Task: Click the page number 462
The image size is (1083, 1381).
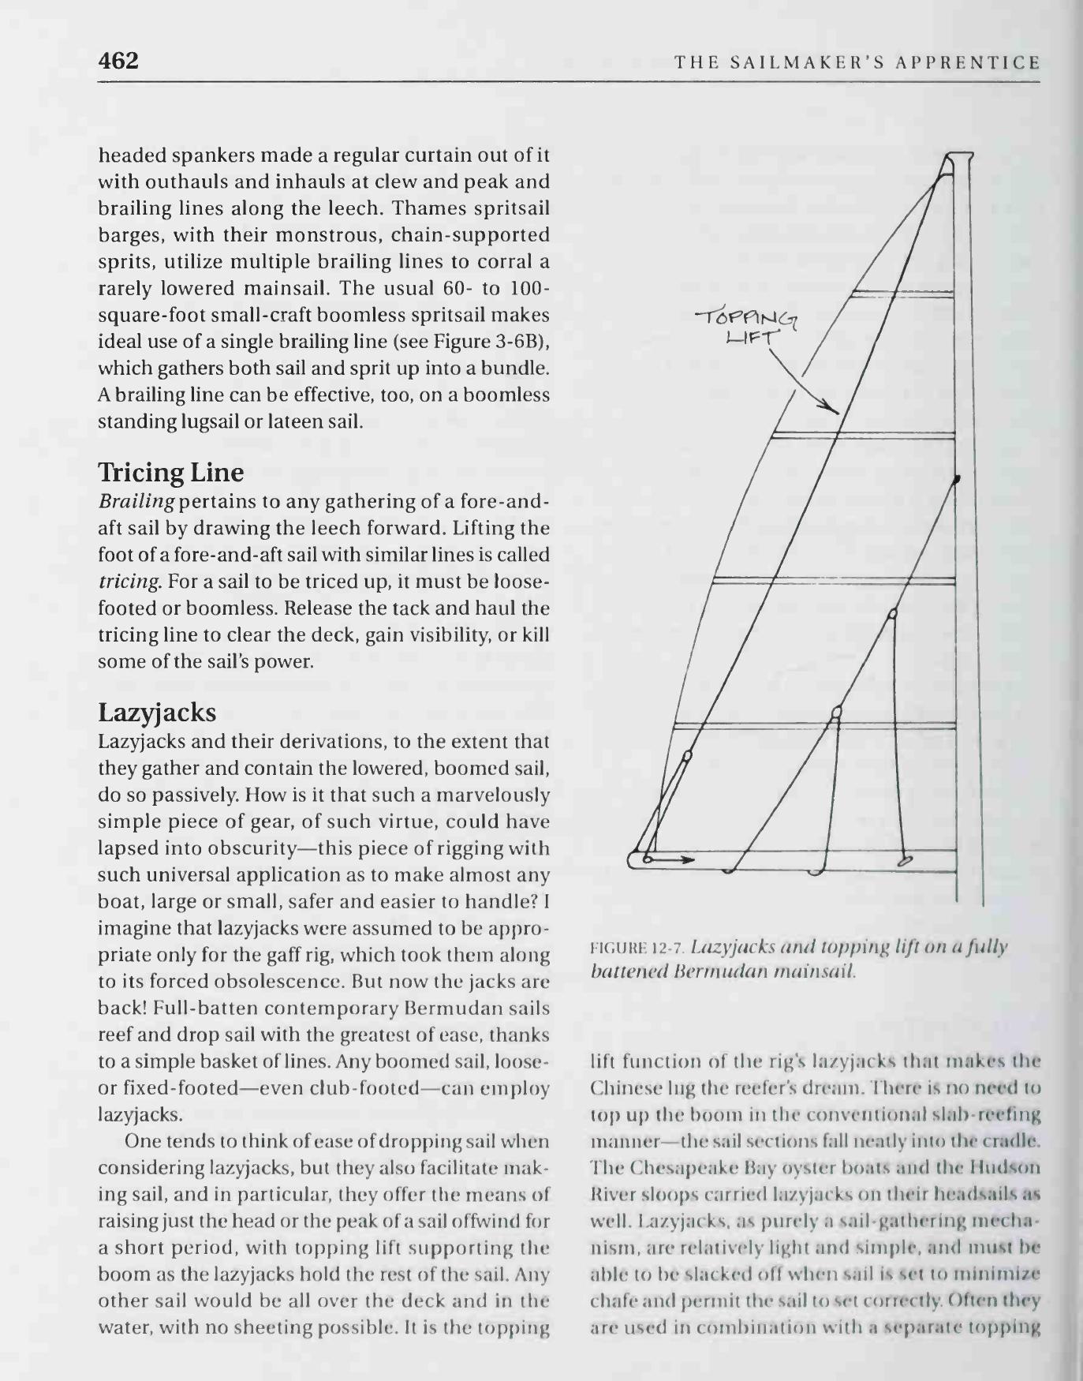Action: tap(118, 61)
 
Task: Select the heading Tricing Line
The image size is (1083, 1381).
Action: tap(170, 473)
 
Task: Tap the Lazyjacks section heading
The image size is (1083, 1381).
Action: tap(157, 713)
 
